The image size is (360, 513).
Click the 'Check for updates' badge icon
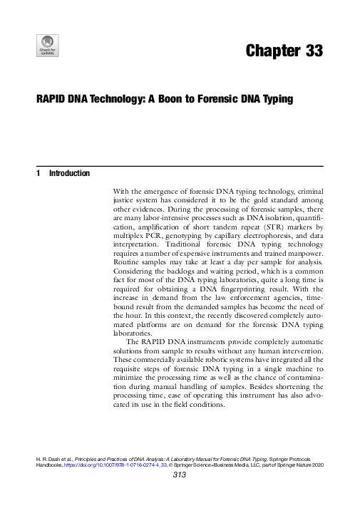(x=47, y=44)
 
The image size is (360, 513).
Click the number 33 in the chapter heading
(x=312, y=51)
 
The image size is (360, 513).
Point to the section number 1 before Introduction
(x=37, y=173)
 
